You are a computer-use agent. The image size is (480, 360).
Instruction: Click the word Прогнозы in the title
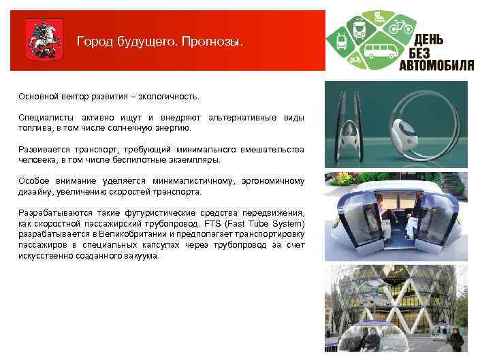211,42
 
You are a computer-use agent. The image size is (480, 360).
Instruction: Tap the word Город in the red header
95,42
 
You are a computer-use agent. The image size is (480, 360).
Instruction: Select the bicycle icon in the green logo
400,27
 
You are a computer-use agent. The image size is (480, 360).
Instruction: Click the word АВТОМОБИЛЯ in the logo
436,65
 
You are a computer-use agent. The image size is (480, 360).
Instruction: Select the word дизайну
35,192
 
